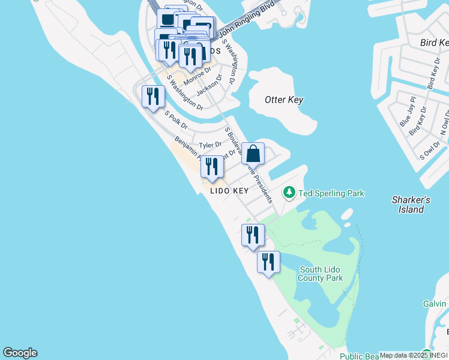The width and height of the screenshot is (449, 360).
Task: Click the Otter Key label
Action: coord(284,100)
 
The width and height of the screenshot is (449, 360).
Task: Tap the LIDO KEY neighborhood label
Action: coord(229,191)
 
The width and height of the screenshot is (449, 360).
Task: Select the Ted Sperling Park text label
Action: coord(332,193)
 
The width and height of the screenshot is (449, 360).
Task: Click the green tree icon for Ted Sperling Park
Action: coord(289,193)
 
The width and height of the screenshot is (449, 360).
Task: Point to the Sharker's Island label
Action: coord(411,205)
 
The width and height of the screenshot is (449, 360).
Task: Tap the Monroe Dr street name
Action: coord(197,76)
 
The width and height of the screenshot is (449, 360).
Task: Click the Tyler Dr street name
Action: coord(210,145)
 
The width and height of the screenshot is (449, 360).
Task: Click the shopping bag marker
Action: coord(254,154)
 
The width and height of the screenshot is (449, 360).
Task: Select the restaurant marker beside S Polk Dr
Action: coord(153,97)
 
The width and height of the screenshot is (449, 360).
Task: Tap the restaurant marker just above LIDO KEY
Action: coord(212,167)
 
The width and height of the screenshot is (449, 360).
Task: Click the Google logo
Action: coord(20,353)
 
